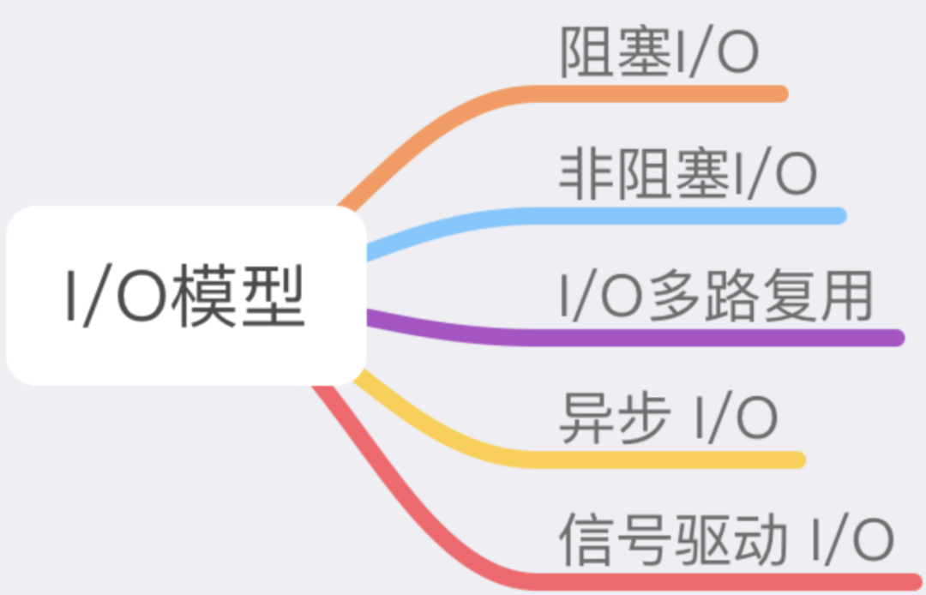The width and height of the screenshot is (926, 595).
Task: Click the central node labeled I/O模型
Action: pos(186,296)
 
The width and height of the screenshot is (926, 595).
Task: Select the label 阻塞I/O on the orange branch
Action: pos(659,52)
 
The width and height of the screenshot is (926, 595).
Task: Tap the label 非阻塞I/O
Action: pos(688,174)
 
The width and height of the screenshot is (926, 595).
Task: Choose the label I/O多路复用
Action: pos(716,296)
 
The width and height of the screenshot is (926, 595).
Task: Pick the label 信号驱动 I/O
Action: pos(726,539)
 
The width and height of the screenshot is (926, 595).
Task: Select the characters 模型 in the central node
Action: pos(238,296)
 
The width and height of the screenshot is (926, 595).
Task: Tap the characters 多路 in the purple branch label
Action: pos(705,296)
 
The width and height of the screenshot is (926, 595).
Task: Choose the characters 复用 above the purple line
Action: pos(819,296)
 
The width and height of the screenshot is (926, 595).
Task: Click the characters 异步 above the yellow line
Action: pos(615,418)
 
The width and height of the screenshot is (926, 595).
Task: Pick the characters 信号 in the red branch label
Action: pos(615,539)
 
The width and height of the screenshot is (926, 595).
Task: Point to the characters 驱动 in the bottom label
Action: pos(731,539)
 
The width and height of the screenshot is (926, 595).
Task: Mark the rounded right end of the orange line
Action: pos(781,93)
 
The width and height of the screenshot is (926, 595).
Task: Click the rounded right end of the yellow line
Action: pos(798,460)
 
